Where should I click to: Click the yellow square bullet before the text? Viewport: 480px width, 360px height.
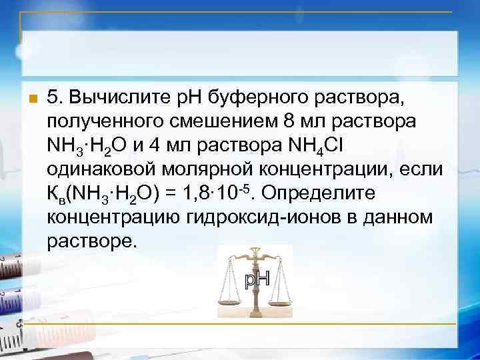point(28,101)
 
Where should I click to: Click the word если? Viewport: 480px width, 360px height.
point(418,169)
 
